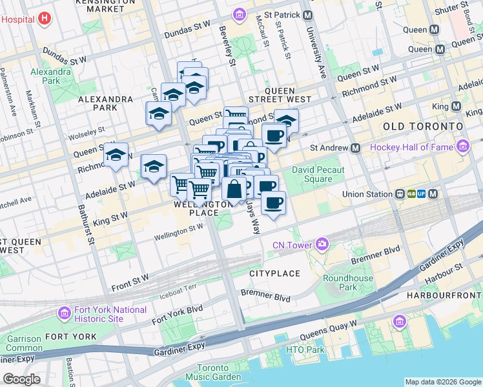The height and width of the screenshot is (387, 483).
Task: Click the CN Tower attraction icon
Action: (x=322, y=244)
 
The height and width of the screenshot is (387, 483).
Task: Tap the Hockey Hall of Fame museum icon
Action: (x=462, y=148)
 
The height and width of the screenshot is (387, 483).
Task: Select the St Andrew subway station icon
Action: (x=355, y=148)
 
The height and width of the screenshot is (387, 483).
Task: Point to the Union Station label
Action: (x=367, y=194)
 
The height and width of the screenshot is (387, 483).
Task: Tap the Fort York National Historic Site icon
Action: (x=64, y=314)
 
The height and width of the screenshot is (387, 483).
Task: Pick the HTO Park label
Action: (x=307, y=350)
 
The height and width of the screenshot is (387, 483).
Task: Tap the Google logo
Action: (x=21, y=379)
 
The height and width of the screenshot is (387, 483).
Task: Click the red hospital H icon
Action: (x=43, y=19)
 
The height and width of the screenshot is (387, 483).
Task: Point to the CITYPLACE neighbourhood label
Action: (x=275, y=273)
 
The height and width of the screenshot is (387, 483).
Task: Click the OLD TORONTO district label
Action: (x=422, y=126)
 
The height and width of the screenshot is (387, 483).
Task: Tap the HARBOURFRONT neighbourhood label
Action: (x=444, y=295)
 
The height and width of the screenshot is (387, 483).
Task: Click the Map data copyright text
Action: (x=442, y=381)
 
